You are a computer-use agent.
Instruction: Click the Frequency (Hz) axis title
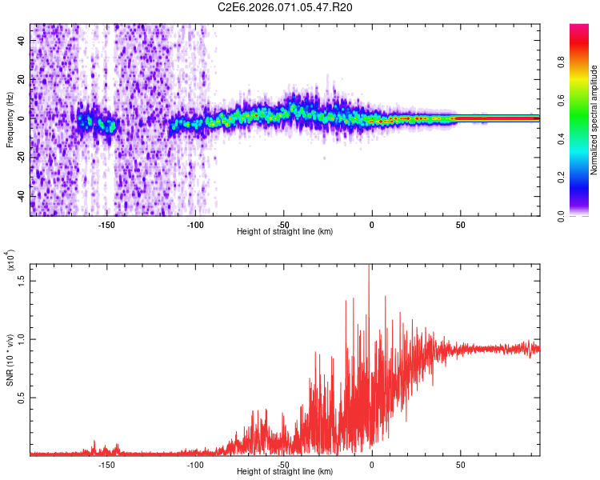coord(10,120)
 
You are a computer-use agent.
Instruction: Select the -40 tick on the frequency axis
coord(22,196)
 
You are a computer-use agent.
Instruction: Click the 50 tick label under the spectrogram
coord(461,225)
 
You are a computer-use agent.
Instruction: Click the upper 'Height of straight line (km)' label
coord(285,232)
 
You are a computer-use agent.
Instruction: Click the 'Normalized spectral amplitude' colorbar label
coord(594,120)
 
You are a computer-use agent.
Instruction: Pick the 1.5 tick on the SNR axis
coord(22,280)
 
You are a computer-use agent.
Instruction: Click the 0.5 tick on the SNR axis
coord(22,398)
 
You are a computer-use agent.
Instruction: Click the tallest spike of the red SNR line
coord(369,266)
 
